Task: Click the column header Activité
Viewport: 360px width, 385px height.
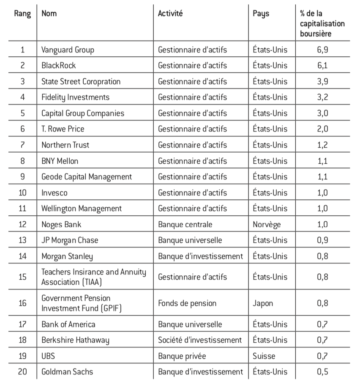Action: (x=170, y=14)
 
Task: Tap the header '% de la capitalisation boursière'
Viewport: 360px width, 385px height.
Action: (x=322, y=23)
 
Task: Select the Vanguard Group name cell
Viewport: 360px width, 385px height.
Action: (x=68, y=49)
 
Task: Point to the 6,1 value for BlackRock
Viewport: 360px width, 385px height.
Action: (x=322, y=66)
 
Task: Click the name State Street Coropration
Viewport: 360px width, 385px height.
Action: (x=81, y=81)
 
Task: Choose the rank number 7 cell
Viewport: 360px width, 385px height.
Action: (x=22, y=145)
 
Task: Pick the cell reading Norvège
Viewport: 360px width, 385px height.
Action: (x=267, y=224)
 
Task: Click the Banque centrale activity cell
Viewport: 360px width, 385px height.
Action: (x=185, y=224)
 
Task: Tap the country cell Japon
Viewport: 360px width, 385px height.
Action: (x=263, y=303)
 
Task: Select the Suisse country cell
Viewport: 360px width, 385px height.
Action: (x=264, y=356)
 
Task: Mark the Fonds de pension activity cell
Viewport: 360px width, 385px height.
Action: (x=187, y=303)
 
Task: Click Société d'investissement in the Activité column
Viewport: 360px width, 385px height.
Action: (x=200, y=340)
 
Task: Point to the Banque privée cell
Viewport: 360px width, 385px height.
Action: (x=182, y=356)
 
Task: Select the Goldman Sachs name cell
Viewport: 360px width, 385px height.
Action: (x=67, y=372)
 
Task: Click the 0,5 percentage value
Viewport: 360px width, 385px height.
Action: (x=322, y=372)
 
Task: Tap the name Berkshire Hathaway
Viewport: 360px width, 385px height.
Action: (x=75, y=340)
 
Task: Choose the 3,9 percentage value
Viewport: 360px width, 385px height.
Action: (x=322, y=81)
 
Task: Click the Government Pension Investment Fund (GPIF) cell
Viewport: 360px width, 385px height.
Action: (x=82, y=303)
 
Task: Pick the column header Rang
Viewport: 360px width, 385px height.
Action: (x=22, y=14)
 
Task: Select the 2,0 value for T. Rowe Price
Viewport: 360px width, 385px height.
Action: (x=322, y=129)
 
